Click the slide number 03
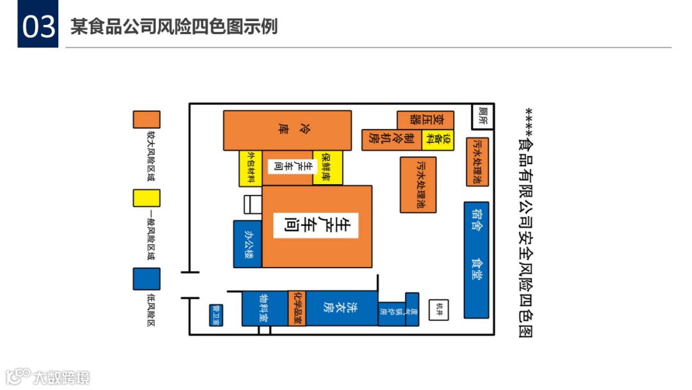pyautogui.click(x=38, y=28)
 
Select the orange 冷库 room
pyautogui.click(x=287, y=130)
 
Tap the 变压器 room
pyautogui.click(x=425, y=120)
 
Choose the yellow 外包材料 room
pyautogui.click(x=251, y=168)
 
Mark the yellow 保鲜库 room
pyautogui.click(x=327, y=168)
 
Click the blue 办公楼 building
pyautogui.click(x=247, y=244)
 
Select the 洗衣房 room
pyautogui.click(x=342, y=309)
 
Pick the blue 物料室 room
pyautogui.click(x=264, y=309)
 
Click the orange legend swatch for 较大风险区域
pyautogui.click(x=146, y=119)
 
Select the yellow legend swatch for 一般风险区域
pyautogui.click(x=146, y=198)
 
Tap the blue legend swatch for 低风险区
pyautogui.click(x=146, y=278)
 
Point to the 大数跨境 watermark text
pyautogui.click(x=62, y=377)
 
